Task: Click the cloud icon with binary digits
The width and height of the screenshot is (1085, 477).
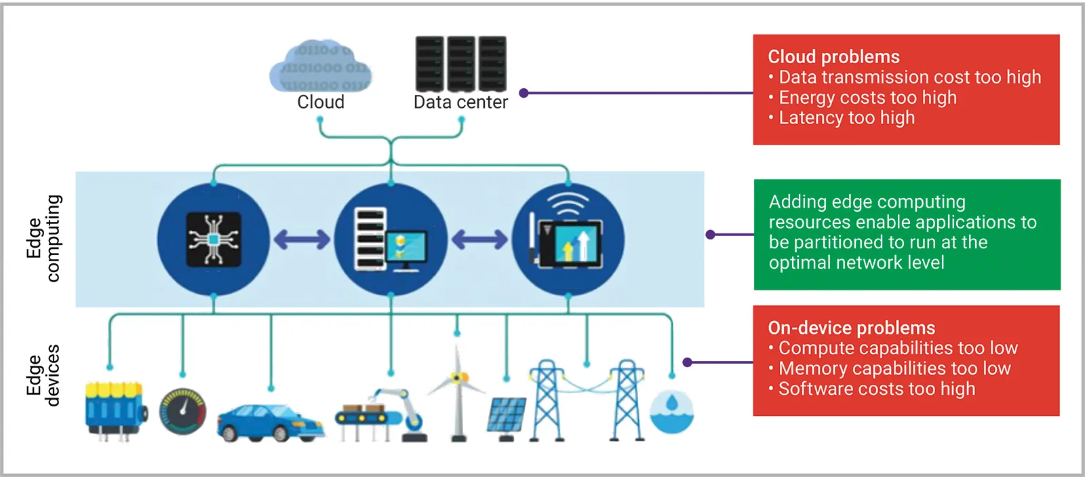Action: [321, 66]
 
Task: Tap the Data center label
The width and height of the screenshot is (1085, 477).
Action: [460, 102]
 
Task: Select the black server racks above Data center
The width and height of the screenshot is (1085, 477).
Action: [460, 63]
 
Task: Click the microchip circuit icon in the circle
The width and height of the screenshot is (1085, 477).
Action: [214, 239]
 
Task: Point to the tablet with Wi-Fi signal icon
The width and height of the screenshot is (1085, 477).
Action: [568, 237]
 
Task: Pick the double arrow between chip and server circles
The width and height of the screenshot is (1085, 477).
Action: [302, 240]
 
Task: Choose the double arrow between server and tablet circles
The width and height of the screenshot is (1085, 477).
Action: [479, 240]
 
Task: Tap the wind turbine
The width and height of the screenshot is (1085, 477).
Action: [458, 394]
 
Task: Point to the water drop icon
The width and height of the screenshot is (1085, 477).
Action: [671, 411]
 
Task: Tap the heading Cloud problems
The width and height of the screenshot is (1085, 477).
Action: [833, 57]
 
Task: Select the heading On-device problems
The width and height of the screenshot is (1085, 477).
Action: [851, 328]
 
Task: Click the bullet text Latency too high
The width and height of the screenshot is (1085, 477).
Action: [846, 118]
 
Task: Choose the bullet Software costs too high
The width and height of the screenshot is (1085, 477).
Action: [876, 389]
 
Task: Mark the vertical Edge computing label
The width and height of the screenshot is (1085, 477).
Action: [44, 239]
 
